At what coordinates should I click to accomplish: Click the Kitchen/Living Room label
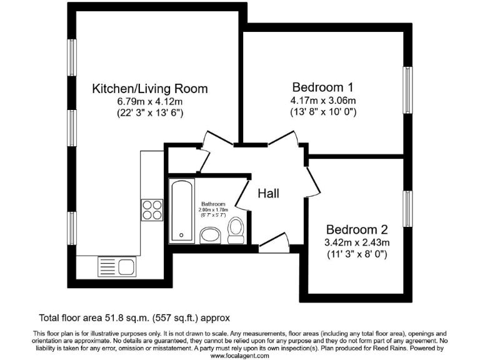pyautogui.click(x=150, y=89)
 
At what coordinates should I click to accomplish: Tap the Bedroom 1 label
pyautogui.click(x=323, y=87)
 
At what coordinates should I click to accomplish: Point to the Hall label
pyautogui.click(x=268, y=194)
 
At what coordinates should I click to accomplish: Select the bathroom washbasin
pyautogui.click(x=210, y=235)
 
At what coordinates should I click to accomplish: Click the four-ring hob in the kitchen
pyautogui.click(x=152, y=209)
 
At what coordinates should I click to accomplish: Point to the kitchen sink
pyautogui.click(x=117, y=267)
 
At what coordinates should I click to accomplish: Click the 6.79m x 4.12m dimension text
pyautogui.click(x=150, y=101)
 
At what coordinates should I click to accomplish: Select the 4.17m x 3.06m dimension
pyautogui.click(x=323, y=101)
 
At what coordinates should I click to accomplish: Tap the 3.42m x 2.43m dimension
pyautogui.click(x=357, y=242)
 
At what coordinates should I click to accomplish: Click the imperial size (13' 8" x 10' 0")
pyautogui.click(x=323, y=112)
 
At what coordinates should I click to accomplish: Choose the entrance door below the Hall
pyautogui.click(x=274, y=243)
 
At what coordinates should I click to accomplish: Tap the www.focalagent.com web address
pyautogui.click(x=239, y=355)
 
